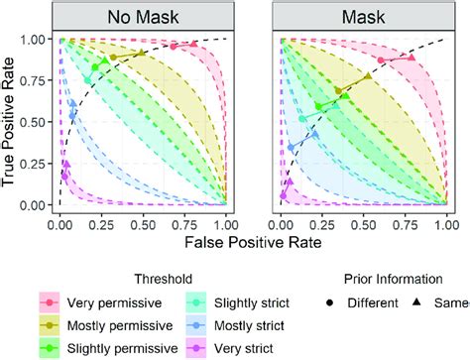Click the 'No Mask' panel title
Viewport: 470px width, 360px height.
pyautogui.click(x=143, y=17)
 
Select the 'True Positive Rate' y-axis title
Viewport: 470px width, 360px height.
pyautogui.click(x=14, y=122)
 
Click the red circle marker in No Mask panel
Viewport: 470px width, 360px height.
pyautogui.click(x=173, y=47)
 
